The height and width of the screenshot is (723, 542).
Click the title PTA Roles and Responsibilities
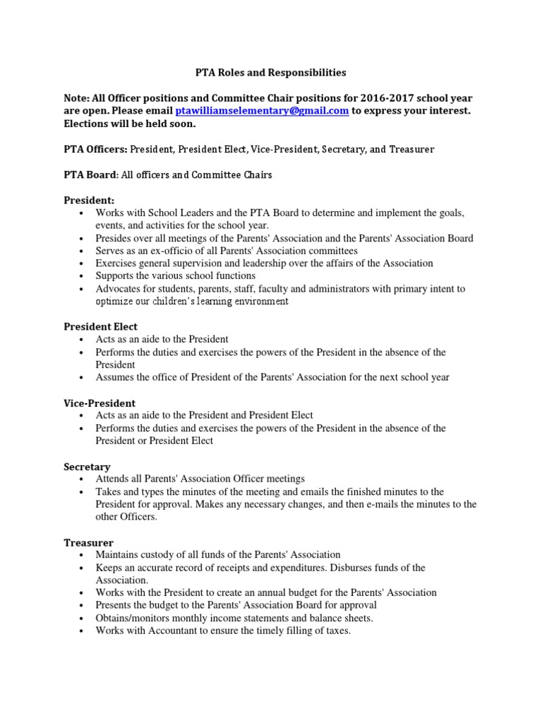(270, 72)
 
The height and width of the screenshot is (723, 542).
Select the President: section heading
(89, 201)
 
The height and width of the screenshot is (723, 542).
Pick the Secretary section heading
(87, 467)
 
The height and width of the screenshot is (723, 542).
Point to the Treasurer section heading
(88, 542)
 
